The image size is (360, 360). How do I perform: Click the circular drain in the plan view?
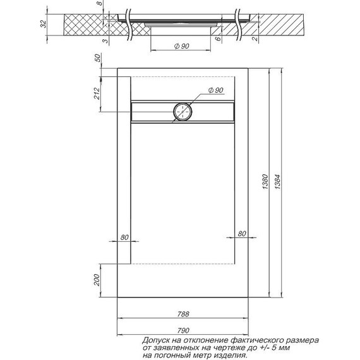click(183, 112)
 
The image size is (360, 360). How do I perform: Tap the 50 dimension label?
click(97, 58)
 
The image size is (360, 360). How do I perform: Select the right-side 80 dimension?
click(241, 235)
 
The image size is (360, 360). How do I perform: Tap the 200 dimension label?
click(97, 280)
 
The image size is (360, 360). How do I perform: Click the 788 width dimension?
click(184, 314)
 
